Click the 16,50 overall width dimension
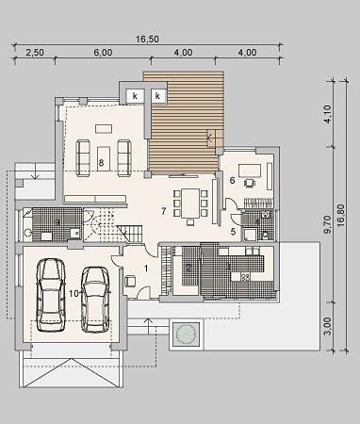pos(147,40)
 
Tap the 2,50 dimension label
pos(35,52)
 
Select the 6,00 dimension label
pos(103,52)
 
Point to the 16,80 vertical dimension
pos(341,216)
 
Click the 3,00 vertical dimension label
pos(327,326)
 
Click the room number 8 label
pos(101,162)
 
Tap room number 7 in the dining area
pos(163,211)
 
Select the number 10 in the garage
pos(74,294)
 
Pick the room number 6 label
pos(233,180)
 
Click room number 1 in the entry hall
pos(146,268)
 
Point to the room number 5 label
pos(233,232)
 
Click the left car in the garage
pos(51,295)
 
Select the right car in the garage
pos(95,300)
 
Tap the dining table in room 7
pos(190,204)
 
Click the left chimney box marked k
pos(135,96)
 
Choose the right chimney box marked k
pos(157,96)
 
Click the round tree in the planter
pos(186,334)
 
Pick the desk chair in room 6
pos(250,183)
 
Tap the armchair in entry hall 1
pos(130,281)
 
